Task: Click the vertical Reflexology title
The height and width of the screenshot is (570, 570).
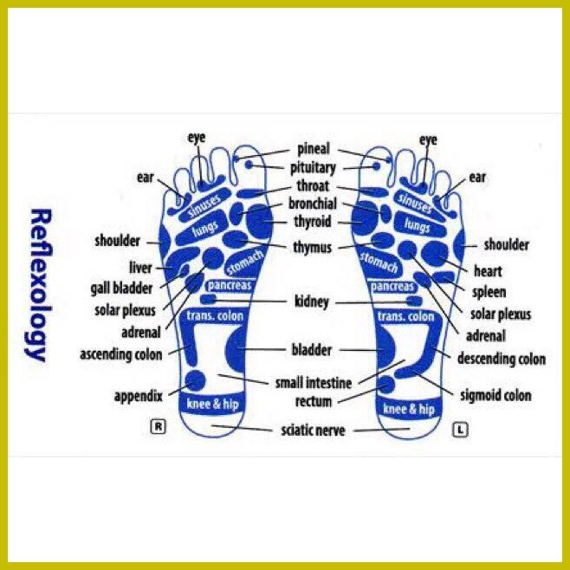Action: (x=39, y=285)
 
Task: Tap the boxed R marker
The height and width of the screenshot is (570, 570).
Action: (x=159, y=426)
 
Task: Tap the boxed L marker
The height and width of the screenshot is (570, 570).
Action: (x=460, y=430)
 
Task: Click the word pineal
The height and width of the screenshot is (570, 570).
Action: (x=314, y=149)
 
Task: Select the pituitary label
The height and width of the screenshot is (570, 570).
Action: (x=313, y=168)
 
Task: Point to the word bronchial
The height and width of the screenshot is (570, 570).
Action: (x=313, y=204)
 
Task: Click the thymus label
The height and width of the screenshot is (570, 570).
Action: (x=312, y=248)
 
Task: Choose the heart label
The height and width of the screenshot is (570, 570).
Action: (x=488, y=271)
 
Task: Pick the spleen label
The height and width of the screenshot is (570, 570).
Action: (x=489, y=292)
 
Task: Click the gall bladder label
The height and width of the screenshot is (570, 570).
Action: (x=122, y=288)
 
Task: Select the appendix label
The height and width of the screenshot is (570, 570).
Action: (x=138, y=396)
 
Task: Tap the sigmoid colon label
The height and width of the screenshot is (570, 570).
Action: (x=496, y=395)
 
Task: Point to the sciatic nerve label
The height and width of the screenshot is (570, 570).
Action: (x=313, y=431)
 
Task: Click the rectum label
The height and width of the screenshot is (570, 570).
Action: (x=314, y=402)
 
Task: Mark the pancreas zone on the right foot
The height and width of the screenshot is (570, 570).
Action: (x=230, y=285)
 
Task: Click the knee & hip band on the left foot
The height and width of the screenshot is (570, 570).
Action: (x=409, y=410)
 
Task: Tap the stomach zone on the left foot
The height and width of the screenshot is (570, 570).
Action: (x=379, y=262)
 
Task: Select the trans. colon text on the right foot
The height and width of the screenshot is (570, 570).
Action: (x=215, y=316)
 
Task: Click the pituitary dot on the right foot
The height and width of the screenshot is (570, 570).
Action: (x=249, y=165)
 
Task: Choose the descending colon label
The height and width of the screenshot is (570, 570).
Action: (x=502, y=359)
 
